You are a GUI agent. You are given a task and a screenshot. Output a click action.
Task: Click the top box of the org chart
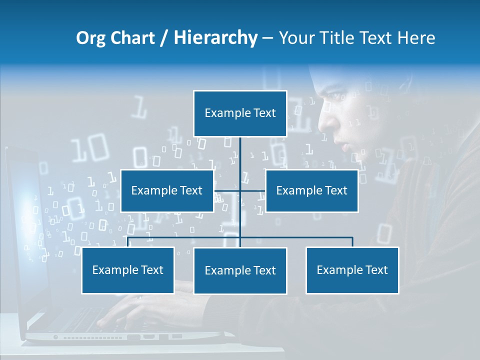coord(240,113)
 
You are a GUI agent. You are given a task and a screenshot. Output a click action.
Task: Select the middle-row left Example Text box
coord(167,190)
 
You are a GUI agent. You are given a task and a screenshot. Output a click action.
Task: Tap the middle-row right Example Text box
coord(311,190)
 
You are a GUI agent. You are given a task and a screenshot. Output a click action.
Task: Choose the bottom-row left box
coord(128,270)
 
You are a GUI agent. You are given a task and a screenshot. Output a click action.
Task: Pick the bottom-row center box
coord(240,270)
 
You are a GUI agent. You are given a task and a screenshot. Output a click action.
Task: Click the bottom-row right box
coord(352,270)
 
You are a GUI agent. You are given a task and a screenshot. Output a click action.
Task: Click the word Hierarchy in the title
coord(215,38)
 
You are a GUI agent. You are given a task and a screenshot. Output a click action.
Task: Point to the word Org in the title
coord(90,38)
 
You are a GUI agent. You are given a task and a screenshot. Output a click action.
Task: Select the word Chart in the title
coord(132,38)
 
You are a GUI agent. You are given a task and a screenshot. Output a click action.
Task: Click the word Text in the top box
coord(264,113)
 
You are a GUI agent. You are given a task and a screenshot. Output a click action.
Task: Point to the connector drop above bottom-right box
coord(352,242)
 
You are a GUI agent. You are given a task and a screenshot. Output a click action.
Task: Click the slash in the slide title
coord(163,38)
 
